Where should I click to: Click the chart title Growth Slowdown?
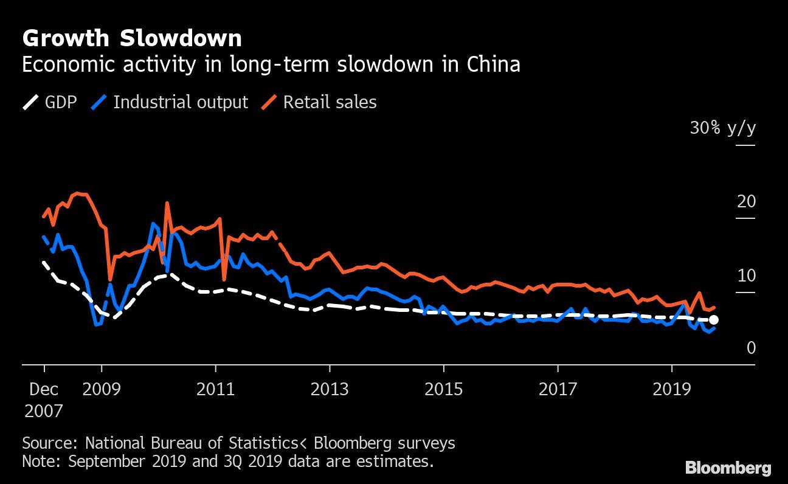[131, 38]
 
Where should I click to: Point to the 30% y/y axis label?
[722, 128]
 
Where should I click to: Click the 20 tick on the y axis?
[746, 201]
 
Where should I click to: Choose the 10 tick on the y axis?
[746, 275]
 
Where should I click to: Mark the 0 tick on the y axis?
[751, 348]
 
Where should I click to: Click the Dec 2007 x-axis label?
[43, 399]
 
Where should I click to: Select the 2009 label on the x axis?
[102, 389]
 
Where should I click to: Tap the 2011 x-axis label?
[215, 389]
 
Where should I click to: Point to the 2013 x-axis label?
[330, 389]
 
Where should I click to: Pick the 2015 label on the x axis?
[444, 389]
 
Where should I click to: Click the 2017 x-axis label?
[558, 389]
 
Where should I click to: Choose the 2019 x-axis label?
[672, 389]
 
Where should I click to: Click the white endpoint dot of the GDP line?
[714, 320]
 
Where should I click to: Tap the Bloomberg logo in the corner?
[728, 468]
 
